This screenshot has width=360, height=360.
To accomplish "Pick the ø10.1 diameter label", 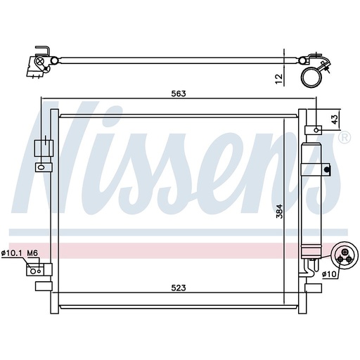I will pyautogui.click(x=11, y=252).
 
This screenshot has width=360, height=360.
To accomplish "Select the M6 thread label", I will pyautogui.click(x=32, y=252).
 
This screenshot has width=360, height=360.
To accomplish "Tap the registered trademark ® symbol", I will pyautogui.click(x=344, y=139).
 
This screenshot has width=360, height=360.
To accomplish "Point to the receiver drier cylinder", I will pyautogui.click(x=309, y=197).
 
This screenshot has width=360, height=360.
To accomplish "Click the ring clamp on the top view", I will pyautogui.click(x=311, y=75).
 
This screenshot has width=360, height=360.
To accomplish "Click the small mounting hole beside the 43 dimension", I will pyautogui.click(x=317, y=129).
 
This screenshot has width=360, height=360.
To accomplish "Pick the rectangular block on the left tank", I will pyautogui.click(x=43, y=148).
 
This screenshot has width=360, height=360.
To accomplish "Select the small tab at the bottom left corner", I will pyautogui.click(x=40, y=286).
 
